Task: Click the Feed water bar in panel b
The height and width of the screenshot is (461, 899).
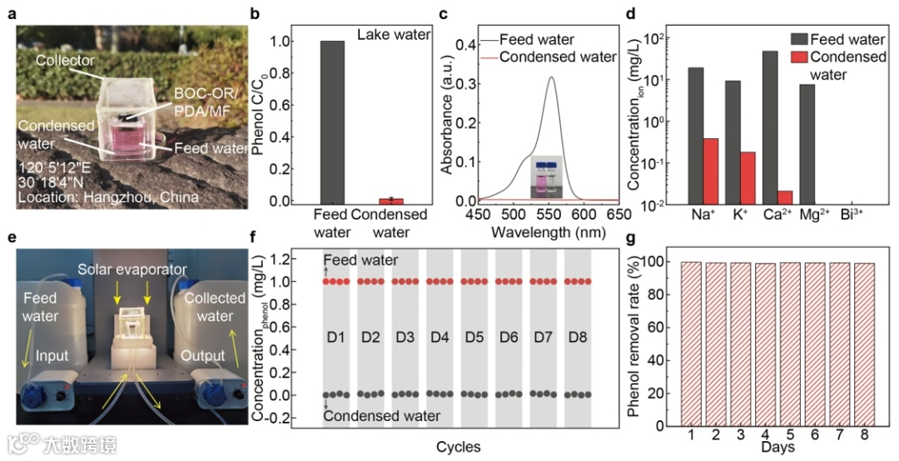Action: pos(331,121)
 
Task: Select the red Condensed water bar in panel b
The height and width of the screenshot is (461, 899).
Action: pos(391,201)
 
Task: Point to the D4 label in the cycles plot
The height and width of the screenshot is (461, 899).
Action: pos(439,340)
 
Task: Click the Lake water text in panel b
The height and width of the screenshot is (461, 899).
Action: pos(393,34)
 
